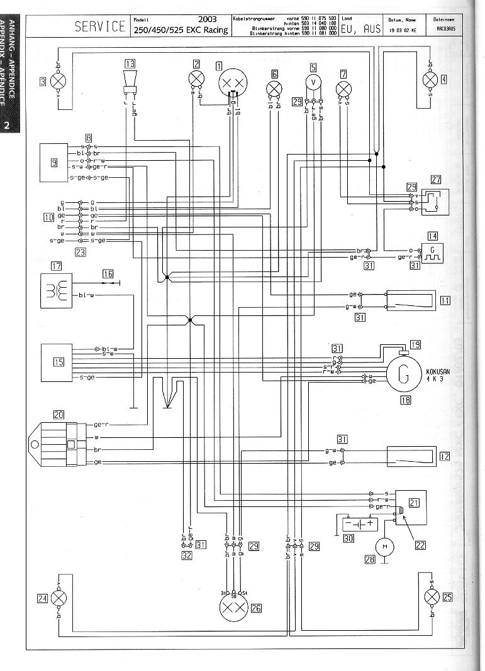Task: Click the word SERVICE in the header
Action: pos(100,26)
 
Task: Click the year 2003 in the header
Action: pos(208,19)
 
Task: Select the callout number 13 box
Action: pos(130,63)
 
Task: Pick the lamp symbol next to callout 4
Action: pos(431,80)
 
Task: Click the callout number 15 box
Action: pos(59,362)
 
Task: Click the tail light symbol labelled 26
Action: pos(233,608)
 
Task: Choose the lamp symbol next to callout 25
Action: pos(431,597)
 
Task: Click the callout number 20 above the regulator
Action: pos(59,414)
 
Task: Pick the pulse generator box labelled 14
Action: pos(432,253)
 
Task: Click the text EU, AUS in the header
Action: pos(360,29)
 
